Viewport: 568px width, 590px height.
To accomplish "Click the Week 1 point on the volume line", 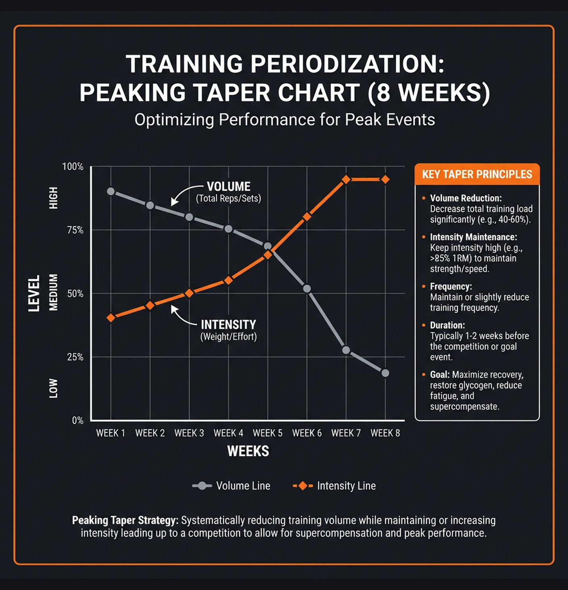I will pyautogui.click(x=111, y=191).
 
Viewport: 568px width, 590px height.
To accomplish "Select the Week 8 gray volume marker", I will pyautogui.click(x=385, y=373).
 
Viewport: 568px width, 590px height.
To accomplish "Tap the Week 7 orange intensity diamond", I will pyautogui.click(x=346, y=179).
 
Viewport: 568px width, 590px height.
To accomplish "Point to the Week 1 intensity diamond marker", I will pyautogui.click(x=111, y=318).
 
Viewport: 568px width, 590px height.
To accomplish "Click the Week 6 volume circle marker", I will pyautogui.click(x=307, y=289).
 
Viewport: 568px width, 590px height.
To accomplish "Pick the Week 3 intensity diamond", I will pyautogui.click(x=189, y=293).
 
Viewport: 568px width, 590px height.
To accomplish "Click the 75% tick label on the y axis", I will pyautogui.click(x=75, y=230).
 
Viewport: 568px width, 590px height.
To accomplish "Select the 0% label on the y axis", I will pyautogui.click(x=77, y=420).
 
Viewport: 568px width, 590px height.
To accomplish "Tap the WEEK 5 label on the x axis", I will pyautogui.click(x=267, y=433).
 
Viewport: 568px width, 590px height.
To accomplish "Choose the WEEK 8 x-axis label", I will pyautogui.click(x=385, y=433).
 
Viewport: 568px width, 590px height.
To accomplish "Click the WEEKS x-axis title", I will pyautogui.click(x=248, y=451).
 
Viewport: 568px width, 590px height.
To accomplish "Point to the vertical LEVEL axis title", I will pyautogui.click(x=34, y=293).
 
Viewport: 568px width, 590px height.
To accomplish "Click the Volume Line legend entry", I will pyautogui.click(x=231, y=486).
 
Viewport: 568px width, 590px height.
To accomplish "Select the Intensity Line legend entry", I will pyautogui.click(x=334, y=486).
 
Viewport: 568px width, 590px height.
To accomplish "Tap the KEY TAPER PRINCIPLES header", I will pyautogui.click(x=477, y=175).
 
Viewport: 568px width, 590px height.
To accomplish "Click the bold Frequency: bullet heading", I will pyautogui.click(x=451, y=287).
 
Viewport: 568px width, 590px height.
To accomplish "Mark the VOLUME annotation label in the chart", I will pyautogui.click(x=228, y=187).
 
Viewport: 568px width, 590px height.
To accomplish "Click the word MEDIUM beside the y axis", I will pyautogui.click(x=53, y=292).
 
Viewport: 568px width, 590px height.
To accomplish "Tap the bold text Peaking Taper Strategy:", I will pyautogui.click(x=125, y=520).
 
